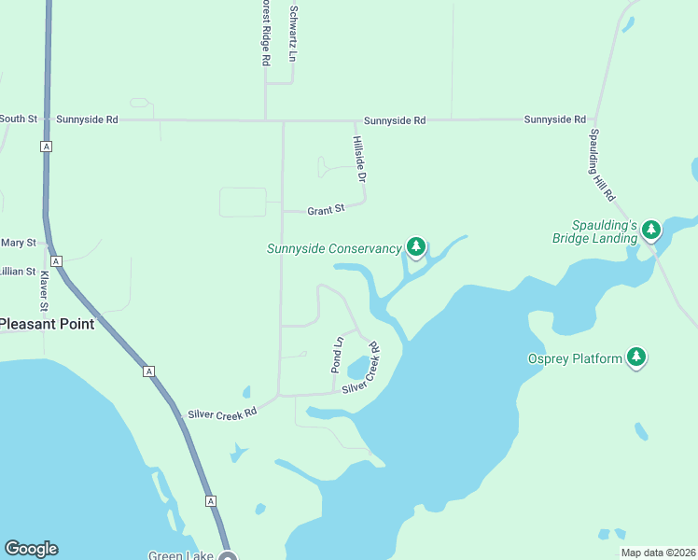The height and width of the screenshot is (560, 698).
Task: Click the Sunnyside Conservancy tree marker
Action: (416, 247)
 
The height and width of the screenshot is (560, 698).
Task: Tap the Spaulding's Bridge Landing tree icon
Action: (651, 230)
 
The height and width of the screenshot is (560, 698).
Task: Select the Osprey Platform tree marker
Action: (636, 357)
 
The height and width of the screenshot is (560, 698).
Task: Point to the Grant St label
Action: (327, 210)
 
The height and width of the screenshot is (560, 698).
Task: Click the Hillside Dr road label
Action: (359, 158)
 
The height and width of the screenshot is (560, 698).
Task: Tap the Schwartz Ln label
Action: (293, 35)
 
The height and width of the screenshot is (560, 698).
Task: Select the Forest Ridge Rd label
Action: (266, 33)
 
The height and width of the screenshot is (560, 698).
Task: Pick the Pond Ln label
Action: (338, 355)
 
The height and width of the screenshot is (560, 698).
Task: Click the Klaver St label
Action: (43, 291)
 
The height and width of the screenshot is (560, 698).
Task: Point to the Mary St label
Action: (18, 243)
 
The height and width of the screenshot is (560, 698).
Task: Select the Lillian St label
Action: (18, 272)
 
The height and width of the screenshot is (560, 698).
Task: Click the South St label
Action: (18, 119)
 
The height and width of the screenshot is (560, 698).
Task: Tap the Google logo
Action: (31, 549)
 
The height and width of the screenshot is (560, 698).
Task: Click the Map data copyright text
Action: (657, 553)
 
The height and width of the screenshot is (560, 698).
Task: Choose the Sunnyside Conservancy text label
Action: (334, 249)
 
